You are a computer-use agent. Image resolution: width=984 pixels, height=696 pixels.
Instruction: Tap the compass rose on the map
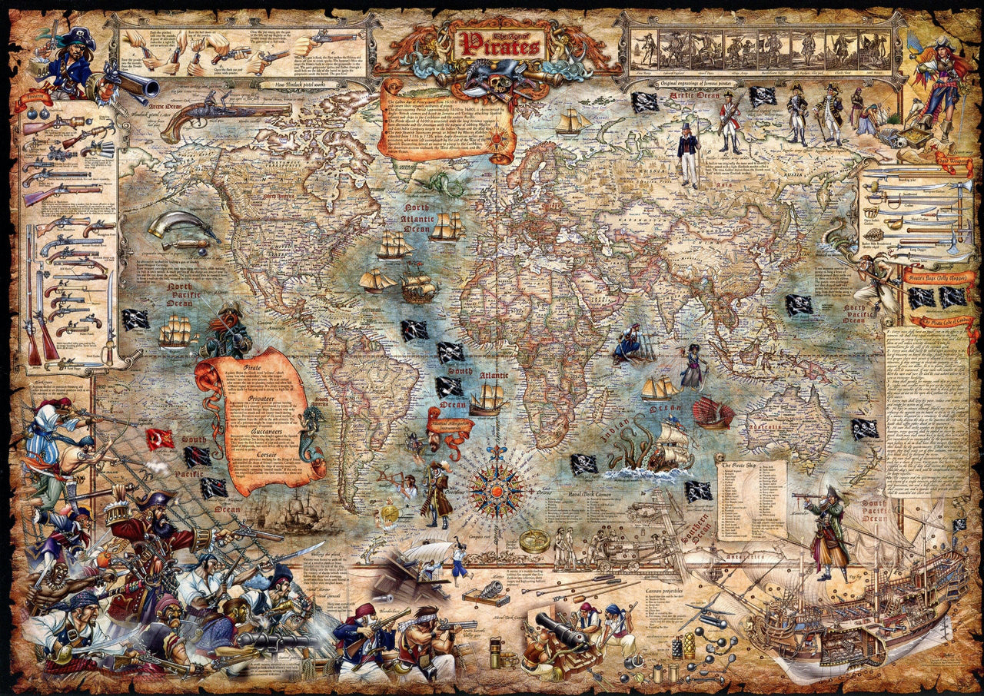click(x=496, y=487)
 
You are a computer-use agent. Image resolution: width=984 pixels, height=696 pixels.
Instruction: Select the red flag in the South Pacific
click(x=159, y=439)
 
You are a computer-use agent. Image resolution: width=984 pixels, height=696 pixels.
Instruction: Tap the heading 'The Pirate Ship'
click(x=740, y=466)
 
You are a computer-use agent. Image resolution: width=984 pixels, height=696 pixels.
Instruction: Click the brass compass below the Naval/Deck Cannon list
click(x=534, y=541)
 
